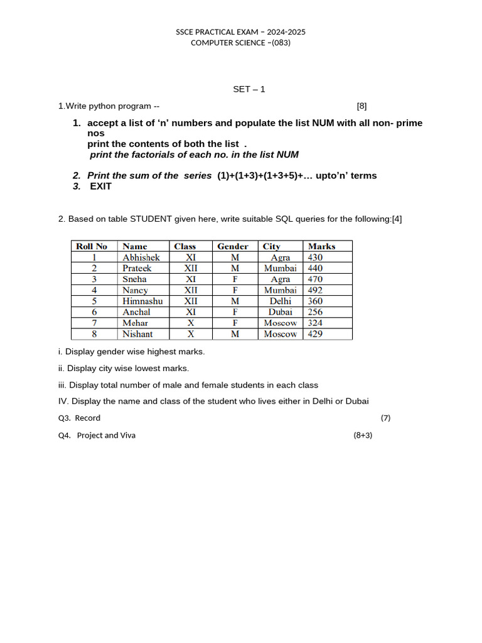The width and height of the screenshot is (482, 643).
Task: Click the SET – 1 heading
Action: pos(249,89)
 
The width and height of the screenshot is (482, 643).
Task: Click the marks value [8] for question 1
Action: pos(361,106)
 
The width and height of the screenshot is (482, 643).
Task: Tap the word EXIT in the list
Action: pos(100,186)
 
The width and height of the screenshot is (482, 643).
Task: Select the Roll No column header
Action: pos(92,246)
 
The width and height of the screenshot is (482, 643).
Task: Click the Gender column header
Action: pos(233,246)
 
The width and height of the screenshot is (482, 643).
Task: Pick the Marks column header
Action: pos(321,246)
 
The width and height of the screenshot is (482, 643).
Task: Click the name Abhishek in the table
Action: pos(141,257)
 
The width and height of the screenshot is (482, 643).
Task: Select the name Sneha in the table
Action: pos(134,279)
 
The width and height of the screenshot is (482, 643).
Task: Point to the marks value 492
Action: pos(315,290)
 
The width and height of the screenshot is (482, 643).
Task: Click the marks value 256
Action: pos(315,312)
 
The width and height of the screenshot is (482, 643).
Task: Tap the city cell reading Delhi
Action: pos(281,301)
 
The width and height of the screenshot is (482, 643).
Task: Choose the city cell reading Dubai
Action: pos(281,312)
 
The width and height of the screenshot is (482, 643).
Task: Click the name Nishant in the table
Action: pos(137,334)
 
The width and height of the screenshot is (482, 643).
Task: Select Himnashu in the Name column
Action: pos(142,301)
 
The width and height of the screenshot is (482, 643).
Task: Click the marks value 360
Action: pos(315,301)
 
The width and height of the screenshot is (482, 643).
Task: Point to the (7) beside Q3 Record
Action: pos(385,418)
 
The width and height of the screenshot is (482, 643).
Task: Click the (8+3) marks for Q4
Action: pos(363,435)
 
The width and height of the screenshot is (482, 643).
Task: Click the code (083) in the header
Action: pos(279,43)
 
